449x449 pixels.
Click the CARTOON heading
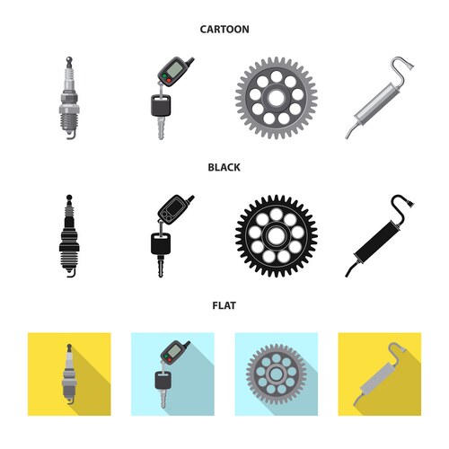coord(224,30)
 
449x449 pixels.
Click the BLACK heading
coord(224,167)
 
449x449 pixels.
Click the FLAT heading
coord(224,305)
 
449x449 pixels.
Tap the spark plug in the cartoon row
coord(69,98)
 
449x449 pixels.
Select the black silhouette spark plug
coord(69,236)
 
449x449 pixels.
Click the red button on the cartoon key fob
coord(169,80)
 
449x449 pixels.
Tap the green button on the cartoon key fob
coord(163,75)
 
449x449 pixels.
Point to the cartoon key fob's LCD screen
coord(174,68)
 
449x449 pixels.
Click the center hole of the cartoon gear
coord(276,98)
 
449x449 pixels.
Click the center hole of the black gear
coord(276,236)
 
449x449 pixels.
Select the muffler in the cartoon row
coord(380,98)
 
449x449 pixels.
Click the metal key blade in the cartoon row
coord(161,128)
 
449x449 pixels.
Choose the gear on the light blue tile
coord(276,374)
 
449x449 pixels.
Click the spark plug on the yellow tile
coord(69,374)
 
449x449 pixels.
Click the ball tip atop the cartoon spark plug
coord(69,58)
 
